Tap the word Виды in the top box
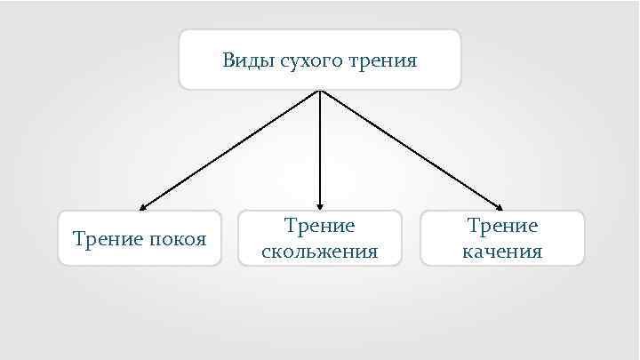(241, 61)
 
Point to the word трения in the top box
(384, 61)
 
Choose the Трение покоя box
(140, 237)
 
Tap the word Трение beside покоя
(104, 238)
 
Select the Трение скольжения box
(320, 237)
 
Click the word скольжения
(320, 252)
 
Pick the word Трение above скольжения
(320, 227)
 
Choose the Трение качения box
(502, 237)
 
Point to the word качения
(502, 252)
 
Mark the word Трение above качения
(502, 227)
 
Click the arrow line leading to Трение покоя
(229, 149)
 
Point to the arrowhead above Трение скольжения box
(320, 206)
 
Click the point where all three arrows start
(319, 91)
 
